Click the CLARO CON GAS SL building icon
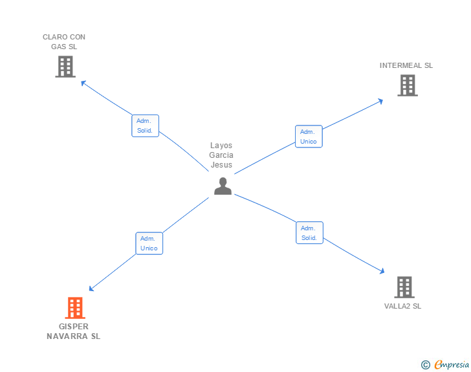65,67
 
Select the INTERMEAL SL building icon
407,85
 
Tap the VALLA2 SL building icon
404,287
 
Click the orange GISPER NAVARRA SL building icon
75,308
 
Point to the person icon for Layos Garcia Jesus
223,186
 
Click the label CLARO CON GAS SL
64,41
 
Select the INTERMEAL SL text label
406,65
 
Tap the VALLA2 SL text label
402,306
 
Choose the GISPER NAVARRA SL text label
74,331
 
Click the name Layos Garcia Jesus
221,155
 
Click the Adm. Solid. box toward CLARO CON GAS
146,126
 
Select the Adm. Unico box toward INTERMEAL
309,136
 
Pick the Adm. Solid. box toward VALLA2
309,233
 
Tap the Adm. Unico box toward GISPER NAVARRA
149,243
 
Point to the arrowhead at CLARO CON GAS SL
82,82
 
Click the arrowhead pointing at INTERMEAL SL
380,100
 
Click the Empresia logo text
452,365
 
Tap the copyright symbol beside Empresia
425,366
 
